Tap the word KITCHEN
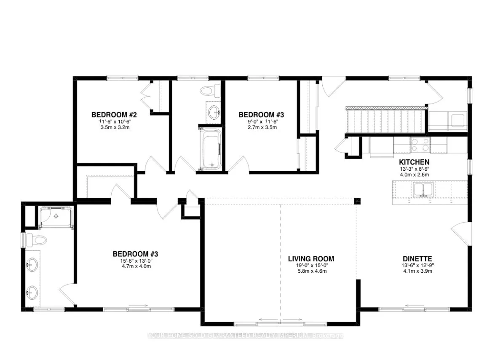(x=414, y=162)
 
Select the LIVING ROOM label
(x=311, y=259)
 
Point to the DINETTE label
(x=417, y=259)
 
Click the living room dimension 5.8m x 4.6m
(x=311, y=271)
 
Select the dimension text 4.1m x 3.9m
(x=417, y=271)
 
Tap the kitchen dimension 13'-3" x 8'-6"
(x=414, y=169)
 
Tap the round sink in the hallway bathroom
(x=214, y=112)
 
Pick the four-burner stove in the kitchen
(x=419, y=145)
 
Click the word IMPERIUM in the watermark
(x=292, y=336)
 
